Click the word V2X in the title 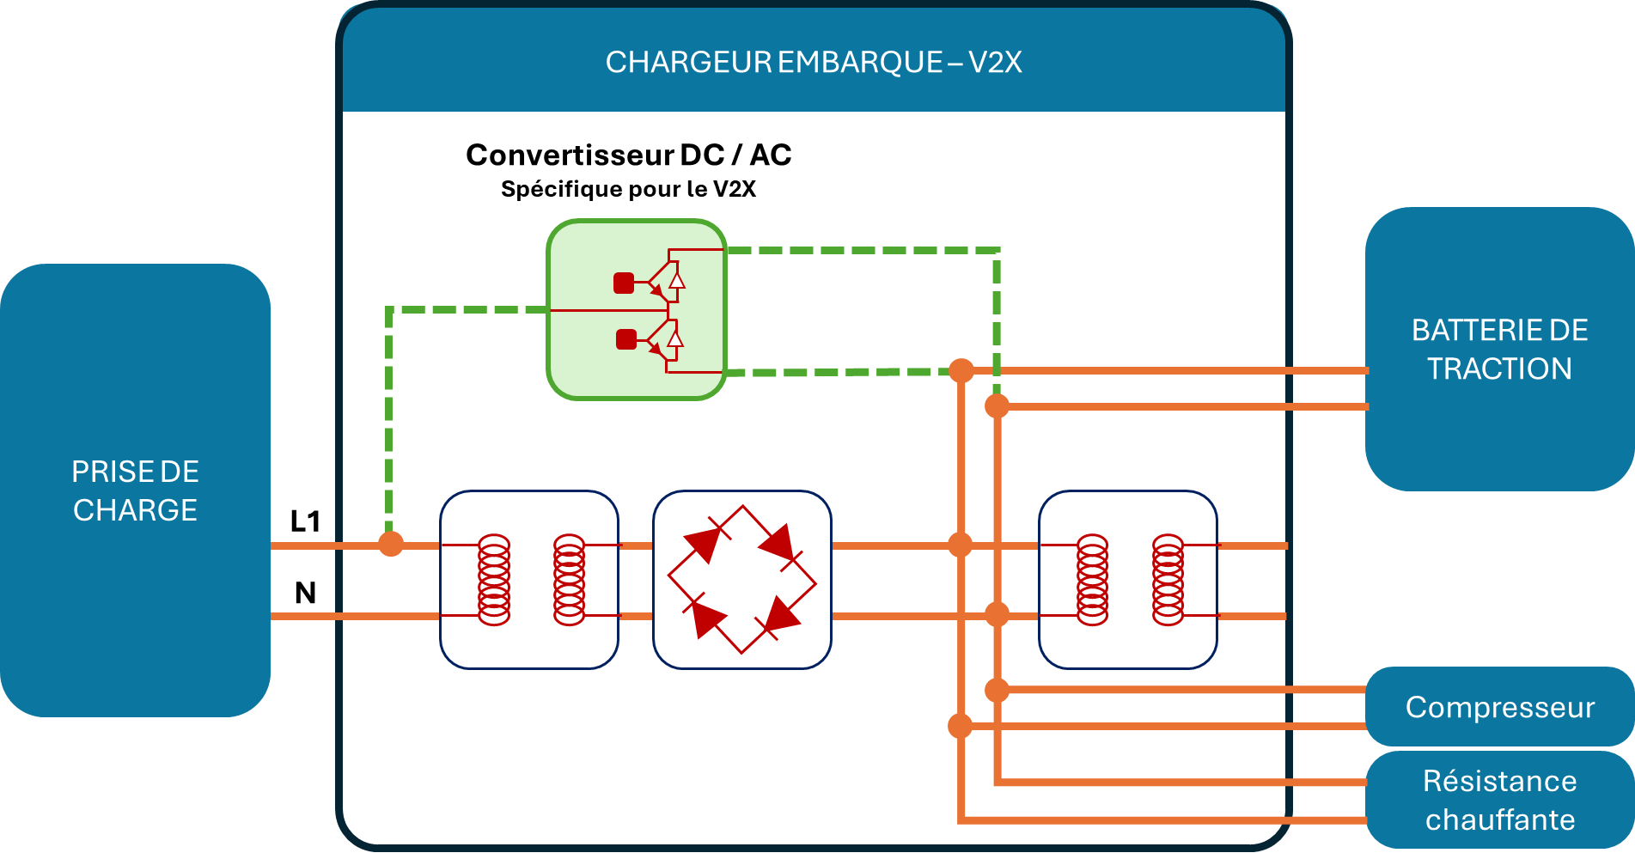(995, 63)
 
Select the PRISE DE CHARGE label (135, 490)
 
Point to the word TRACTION (1499, 369)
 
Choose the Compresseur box (1499, 707)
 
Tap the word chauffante (1499, 819)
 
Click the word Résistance (1499, 781)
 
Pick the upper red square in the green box (624, 283)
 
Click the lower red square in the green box (626, 340)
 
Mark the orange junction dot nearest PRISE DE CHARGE (391, 544)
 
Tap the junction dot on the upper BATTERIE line (961, 371)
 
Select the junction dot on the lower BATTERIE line (997, 406)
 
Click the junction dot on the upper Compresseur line (997, 690)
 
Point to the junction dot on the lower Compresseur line (961, 727)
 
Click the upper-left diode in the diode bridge (704, 543)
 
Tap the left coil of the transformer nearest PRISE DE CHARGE (494, 580)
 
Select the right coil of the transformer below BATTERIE (1168, 580)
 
